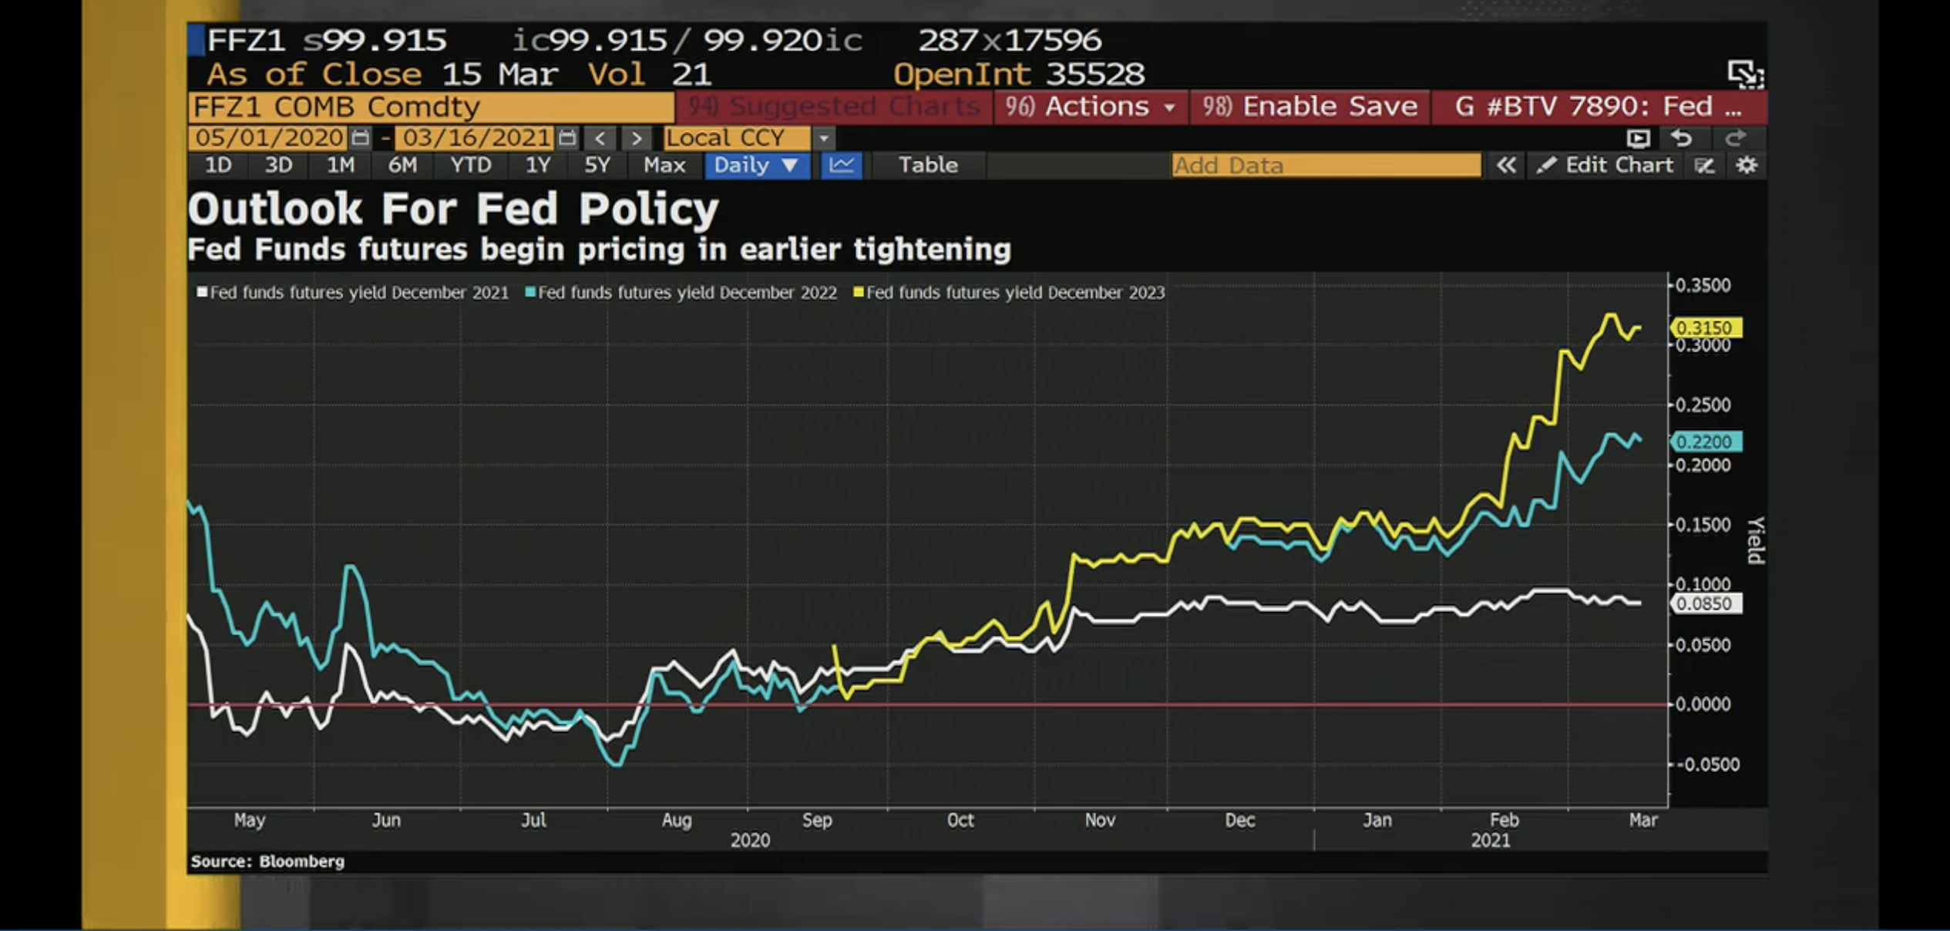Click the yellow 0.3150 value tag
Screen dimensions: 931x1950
[1704, 328]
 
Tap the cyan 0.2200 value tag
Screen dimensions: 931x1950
[1704, 442]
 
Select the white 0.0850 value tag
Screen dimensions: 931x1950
[1704, 603]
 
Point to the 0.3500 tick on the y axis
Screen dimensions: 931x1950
[1703, 286]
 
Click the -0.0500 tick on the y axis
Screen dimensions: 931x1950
[1706, 765]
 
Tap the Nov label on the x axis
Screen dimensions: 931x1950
[1100, 820]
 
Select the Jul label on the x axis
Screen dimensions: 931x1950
[533, 820]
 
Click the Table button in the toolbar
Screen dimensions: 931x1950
[928, 165]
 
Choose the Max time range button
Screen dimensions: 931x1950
[664, 165]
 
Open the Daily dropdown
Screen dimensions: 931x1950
[755, 165]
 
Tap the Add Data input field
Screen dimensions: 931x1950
[1325, 165]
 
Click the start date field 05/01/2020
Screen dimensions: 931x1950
[269, 138]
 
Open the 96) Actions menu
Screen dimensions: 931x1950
[1091, 106]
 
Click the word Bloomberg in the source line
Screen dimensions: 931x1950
[301, 861]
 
